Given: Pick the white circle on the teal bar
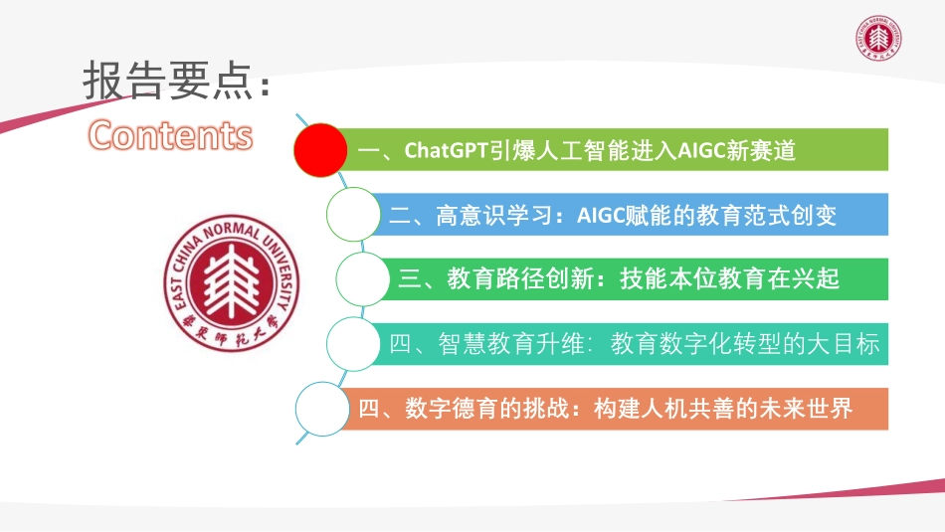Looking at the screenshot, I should click(355, 344).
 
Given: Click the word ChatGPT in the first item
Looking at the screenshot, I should click(445, 150).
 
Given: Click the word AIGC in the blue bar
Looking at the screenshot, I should click(601, 215).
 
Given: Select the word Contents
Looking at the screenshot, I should click(170, 135).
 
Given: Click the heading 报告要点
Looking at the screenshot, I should click(165, 83).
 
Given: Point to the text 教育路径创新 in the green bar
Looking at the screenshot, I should click(523, 279).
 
